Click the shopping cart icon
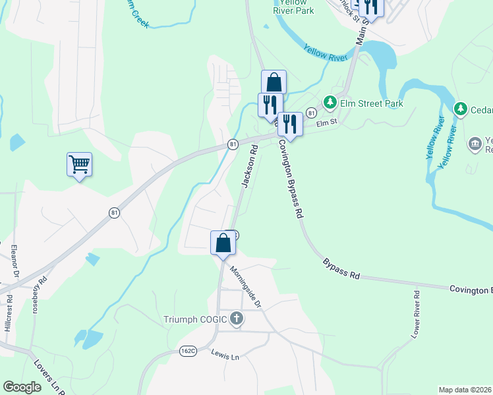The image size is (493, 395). (79, 164)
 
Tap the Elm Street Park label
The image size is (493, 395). (372, 103)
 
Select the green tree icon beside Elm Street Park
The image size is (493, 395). (330, 103)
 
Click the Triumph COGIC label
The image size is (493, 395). (195, 320)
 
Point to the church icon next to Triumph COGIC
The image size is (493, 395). (237, 320)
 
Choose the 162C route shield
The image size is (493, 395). (188, 351)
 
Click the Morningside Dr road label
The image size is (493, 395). (246, 287)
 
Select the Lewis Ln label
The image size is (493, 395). (225, 355)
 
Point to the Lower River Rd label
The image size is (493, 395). (415, 315)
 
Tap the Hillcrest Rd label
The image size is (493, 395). (9, 315)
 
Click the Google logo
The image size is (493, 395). (22, 387)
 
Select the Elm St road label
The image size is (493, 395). (326, 122)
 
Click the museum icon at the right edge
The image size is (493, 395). (474, 144)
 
